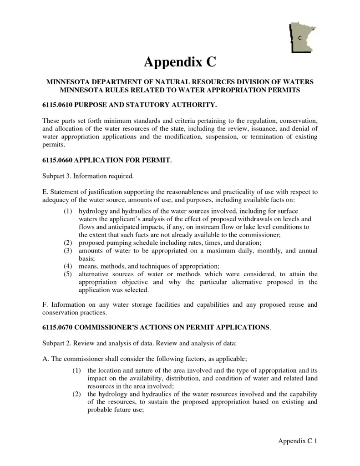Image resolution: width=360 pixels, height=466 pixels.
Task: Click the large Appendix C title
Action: click(180, 61)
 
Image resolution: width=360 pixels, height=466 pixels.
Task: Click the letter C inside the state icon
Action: click(300, 38)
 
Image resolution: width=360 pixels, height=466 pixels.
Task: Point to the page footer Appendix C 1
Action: click(297, 441)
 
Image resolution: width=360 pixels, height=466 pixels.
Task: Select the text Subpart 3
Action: click(57, 176)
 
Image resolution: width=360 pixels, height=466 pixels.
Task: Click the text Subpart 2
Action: click(57, 342)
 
